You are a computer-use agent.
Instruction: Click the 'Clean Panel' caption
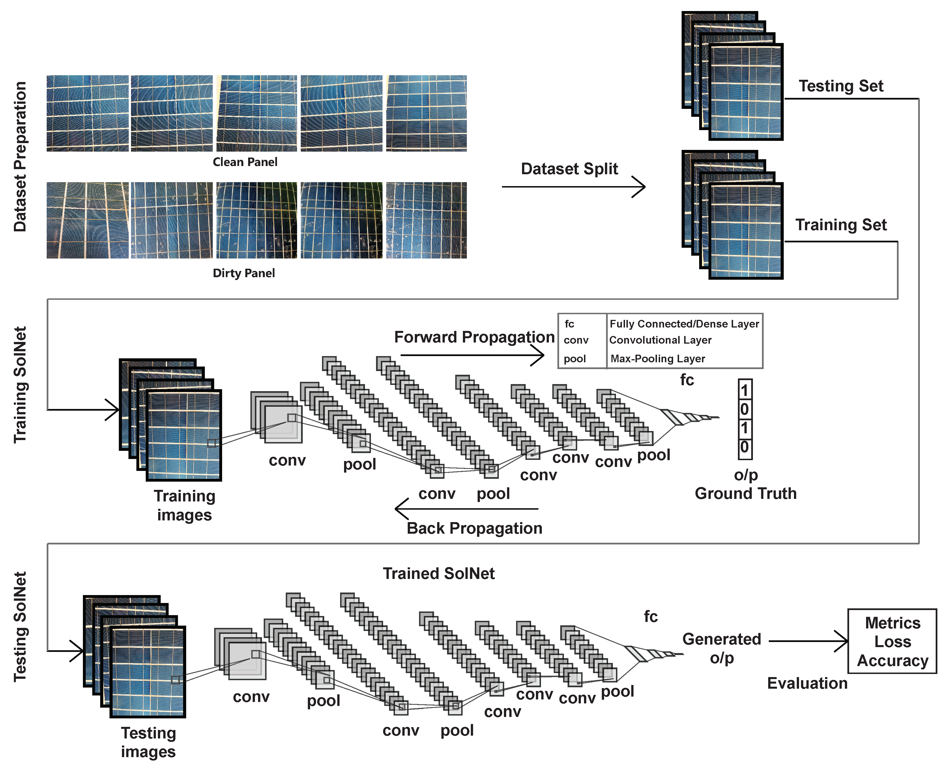coord(245,162)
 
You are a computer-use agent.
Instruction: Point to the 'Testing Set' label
coord(841,86)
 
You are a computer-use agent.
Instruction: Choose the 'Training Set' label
coord(841,225)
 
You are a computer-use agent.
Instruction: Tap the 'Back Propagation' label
coord(474,529)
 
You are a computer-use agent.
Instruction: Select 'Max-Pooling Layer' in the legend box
coord(657,359)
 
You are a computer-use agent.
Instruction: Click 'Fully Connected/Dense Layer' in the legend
coord(684,324)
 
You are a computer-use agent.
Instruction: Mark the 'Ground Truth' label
coord(745,494)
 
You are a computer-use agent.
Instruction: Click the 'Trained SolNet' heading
coord(439,574)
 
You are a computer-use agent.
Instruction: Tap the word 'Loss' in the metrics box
coord(892,642)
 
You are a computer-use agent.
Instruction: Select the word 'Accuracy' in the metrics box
coord(892,661)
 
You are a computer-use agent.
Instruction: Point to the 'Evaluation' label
coord(807,684)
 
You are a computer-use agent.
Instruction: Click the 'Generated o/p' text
coord(721,649)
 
